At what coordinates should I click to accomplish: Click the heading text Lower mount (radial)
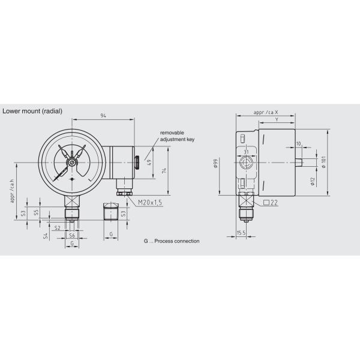pyautogui.click(x=32, y=111)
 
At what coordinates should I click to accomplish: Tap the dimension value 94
pyautogui.click(x=103, y=115)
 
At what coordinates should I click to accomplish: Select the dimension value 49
pyautogui.click(x=149, y=161)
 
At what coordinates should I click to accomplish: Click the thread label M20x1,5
pyautogui.click(x=150, y=203)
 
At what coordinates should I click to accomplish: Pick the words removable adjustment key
pyautogui.click(x=176, y=136)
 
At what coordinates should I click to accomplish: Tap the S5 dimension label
pyautogui.click(x=37, y=212)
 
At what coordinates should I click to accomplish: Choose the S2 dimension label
pyautogui.click(x=57, y=228)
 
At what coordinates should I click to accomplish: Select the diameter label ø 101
pyautogui.click(x=323, y=162)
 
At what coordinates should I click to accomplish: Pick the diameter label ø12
pyautogui.click(x=313, y=182)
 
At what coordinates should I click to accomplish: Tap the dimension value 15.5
pyautogui.click(x=241, y=232)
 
